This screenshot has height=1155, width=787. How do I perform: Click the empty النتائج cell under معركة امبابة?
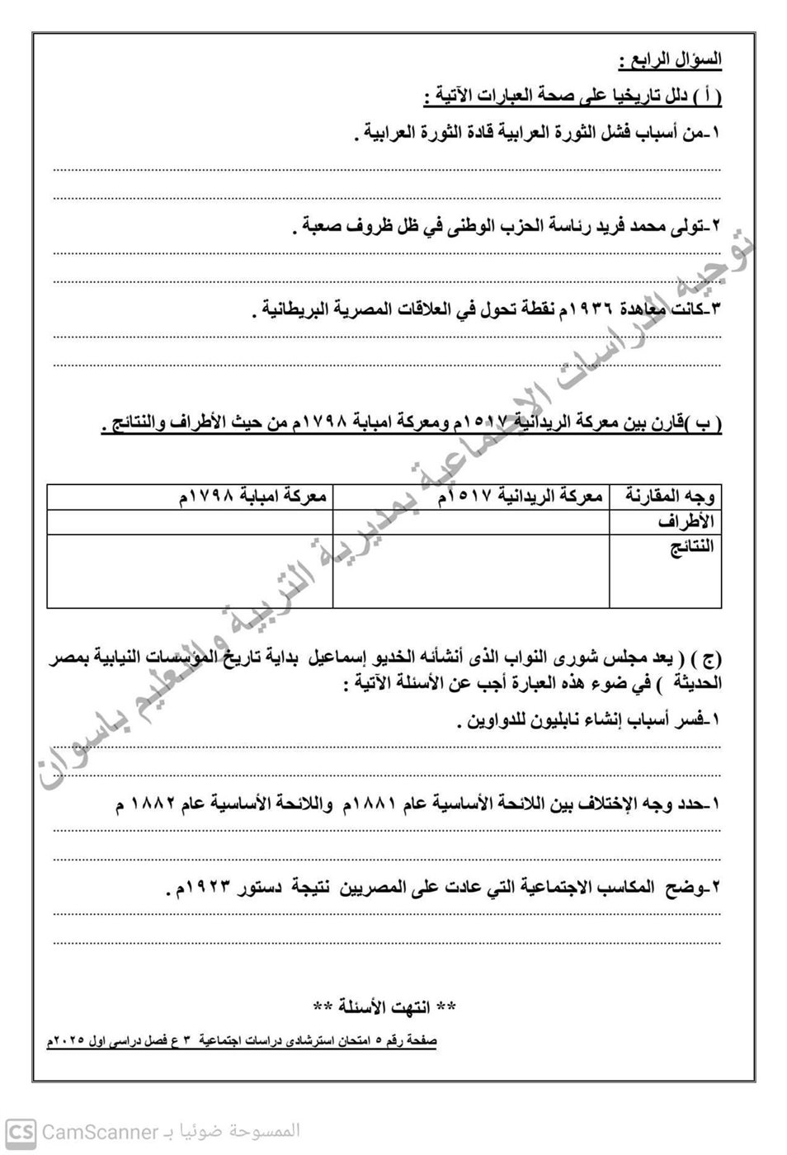(x=190, y=571)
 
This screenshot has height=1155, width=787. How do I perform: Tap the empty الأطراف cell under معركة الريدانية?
(x=471, y=522)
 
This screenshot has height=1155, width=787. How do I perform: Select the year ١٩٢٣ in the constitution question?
(x=210, y=888)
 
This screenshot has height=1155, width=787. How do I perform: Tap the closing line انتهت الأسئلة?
(x=384, y=1006)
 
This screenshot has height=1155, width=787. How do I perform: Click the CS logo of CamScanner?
(x=21, y=1132)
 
